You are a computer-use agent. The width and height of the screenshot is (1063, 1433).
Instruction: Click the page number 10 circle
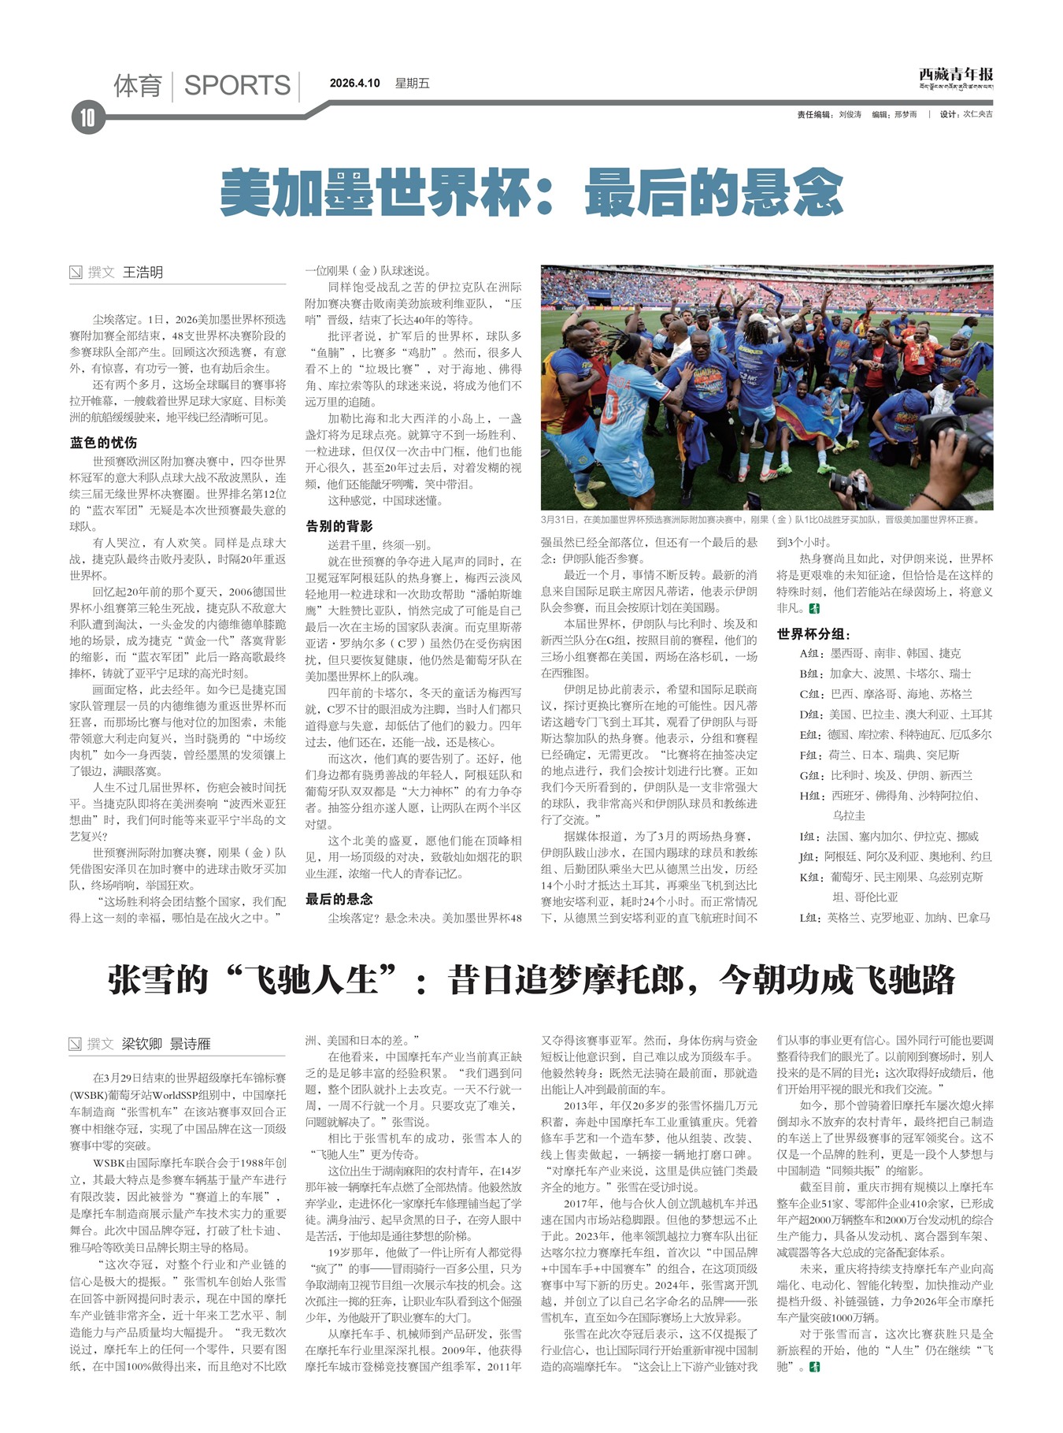pos(87,118)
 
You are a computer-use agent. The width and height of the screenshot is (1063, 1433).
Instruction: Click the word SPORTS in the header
pos(237,85)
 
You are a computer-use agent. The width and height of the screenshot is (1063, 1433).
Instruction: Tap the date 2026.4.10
pos(354,84)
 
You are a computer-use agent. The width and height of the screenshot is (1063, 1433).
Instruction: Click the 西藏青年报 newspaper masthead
pos(955,75)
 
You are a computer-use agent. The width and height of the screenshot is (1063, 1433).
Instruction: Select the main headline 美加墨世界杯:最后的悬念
pos(531,192)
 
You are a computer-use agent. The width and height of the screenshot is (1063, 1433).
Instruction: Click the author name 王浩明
pos(143,273)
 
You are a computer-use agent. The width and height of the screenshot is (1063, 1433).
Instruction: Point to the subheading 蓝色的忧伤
pos(103,443)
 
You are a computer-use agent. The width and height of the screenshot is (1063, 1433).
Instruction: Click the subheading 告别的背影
pos(339,525)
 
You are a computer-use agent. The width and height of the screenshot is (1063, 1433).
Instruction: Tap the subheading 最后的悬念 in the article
pos(339,899)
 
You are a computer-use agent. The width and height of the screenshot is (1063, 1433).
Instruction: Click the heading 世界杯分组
pos(813,634)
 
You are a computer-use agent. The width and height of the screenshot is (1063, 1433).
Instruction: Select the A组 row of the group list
pos(880,654)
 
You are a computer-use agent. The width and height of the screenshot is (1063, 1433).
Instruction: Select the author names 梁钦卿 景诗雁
pos(166,1045)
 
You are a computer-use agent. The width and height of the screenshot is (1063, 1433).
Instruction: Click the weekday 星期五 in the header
pos(412,84)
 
